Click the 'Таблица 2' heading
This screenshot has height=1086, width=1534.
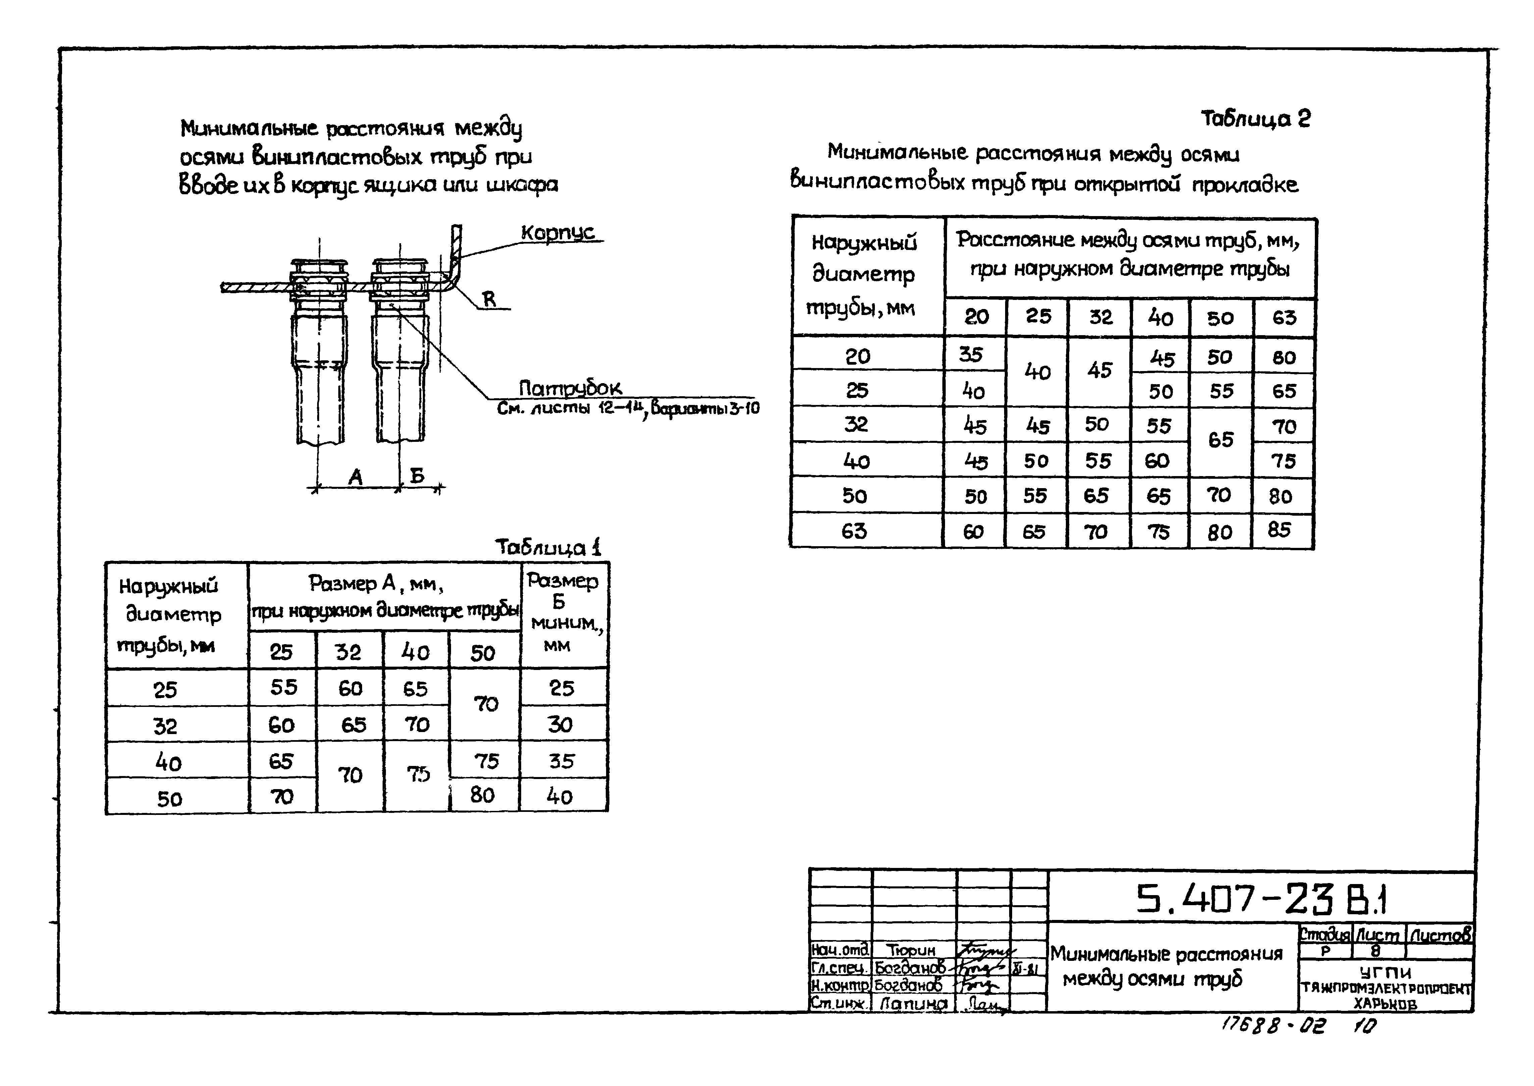1255,119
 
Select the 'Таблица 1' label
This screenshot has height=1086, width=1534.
548,547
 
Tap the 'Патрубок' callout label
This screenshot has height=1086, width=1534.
570,388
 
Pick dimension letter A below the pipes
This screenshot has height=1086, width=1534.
355,477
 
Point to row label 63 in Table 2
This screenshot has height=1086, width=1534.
854,531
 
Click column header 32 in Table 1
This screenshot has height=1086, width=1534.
348,652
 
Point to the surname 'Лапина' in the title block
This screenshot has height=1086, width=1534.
913,1003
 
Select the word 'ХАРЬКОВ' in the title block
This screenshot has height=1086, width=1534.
1385,1003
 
